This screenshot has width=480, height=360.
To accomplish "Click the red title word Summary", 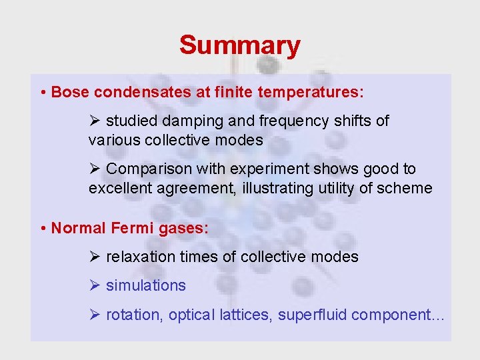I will click(x=239, y=46).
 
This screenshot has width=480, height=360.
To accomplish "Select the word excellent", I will click(x=121, y=189).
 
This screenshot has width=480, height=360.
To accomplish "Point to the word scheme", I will click(x=405, y=189).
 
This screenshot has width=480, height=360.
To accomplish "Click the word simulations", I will click(x=146, y=285).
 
